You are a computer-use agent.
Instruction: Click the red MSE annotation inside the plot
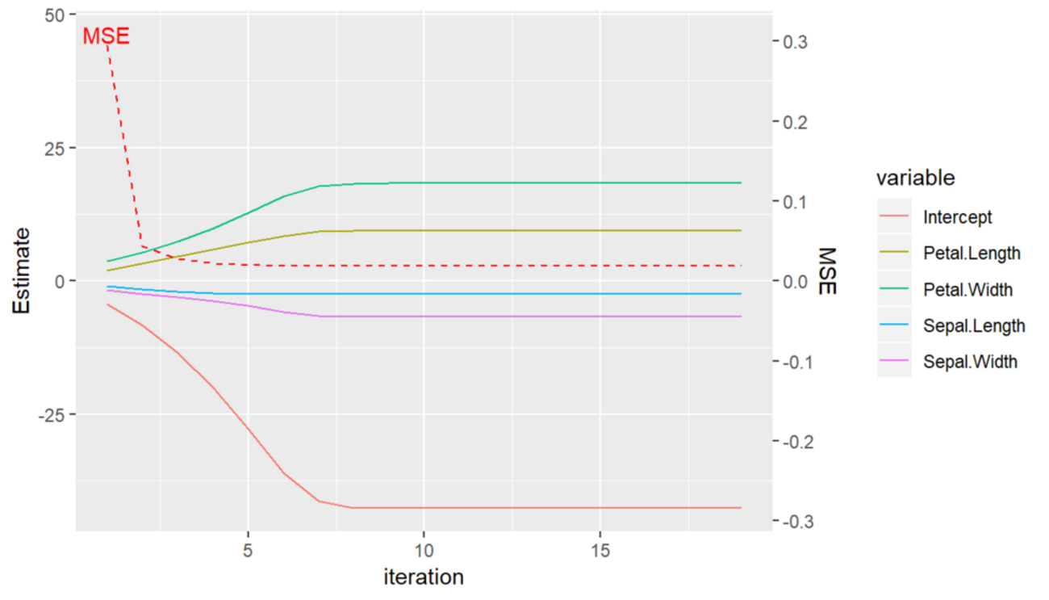click(106, 36)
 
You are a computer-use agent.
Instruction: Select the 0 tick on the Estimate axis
click(61, 281)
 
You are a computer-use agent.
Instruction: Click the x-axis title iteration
click(423, 577)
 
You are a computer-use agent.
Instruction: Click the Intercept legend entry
click(957, 216)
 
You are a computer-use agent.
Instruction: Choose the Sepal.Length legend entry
click(974, 325)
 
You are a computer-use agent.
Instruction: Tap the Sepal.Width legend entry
click(970, 361)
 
